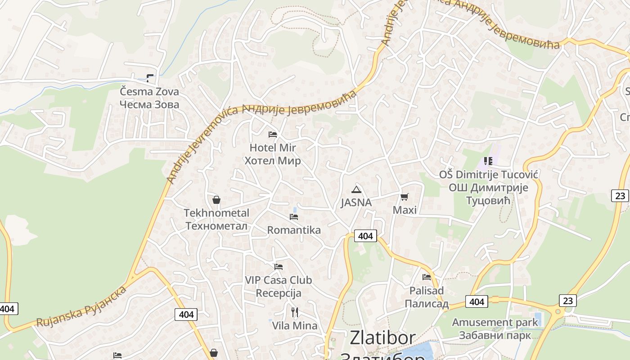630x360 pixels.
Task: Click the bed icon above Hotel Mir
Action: click(272, 134)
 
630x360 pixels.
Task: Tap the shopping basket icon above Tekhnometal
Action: click(216, 200)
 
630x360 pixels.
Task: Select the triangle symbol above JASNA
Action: click(356, 189)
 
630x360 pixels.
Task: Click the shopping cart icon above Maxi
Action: click(404, 197)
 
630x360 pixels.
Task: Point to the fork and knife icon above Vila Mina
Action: click(295, 312)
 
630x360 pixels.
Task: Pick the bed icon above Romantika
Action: click(294, 217)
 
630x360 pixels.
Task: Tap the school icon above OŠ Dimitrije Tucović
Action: click(488, 161)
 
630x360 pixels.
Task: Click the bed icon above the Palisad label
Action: click(427, 277)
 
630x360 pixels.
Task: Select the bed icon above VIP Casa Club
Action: click(279, 267)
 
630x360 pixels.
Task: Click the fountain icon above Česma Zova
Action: click(149, 78)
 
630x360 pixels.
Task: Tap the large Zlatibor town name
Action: click(382, 338)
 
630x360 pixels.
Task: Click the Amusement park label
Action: click(495, 322)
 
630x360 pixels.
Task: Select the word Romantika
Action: click(294, 230)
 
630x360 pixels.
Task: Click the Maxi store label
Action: click(405, 210)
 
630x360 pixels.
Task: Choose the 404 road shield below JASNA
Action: click(365, 236)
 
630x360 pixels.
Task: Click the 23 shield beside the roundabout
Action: click(567, 300)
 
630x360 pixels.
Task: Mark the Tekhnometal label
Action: click(216, 213)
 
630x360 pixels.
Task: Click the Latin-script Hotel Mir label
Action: click(273, 148)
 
